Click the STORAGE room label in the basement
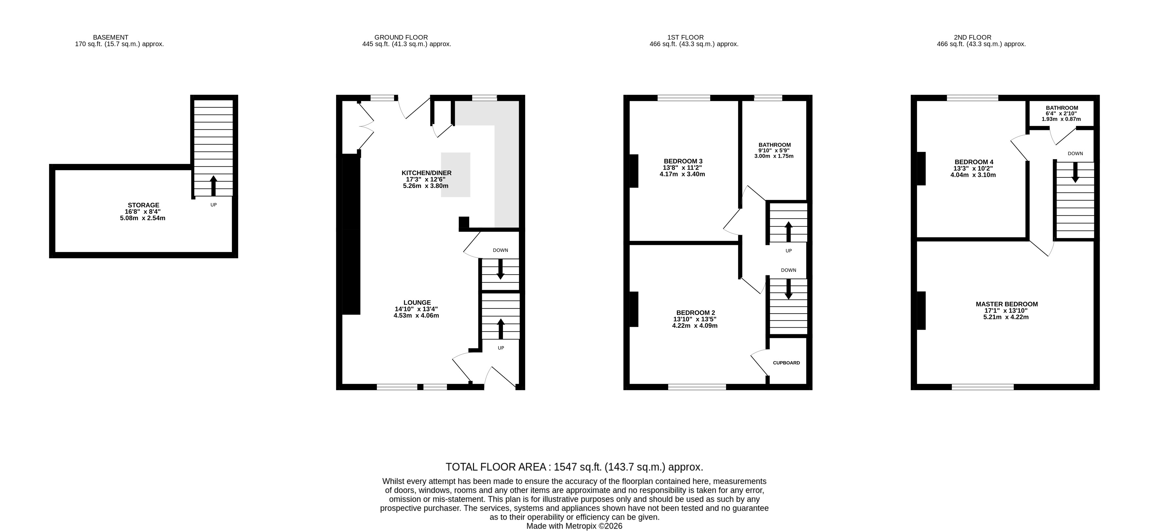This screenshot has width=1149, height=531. [x=144, y=205]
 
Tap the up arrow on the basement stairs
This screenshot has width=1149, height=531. [x=213, y=186]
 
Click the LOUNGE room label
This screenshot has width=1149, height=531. [x=417, y=302]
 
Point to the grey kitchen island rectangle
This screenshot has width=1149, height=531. [x=455, y=175]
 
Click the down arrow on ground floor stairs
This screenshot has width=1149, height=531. [x=500, y=269]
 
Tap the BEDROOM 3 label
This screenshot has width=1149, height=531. [x=683, y=161]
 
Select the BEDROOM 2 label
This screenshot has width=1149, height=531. [x=695, y=313]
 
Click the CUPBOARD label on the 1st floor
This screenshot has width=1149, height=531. [x=786, y=363]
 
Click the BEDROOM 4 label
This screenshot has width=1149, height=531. [x=974, y=162]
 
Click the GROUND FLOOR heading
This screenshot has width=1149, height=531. [x=401, y=37]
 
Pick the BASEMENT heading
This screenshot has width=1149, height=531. [x=111, y=37]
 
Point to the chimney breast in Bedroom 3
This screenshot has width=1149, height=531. [x=634, y=171]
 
